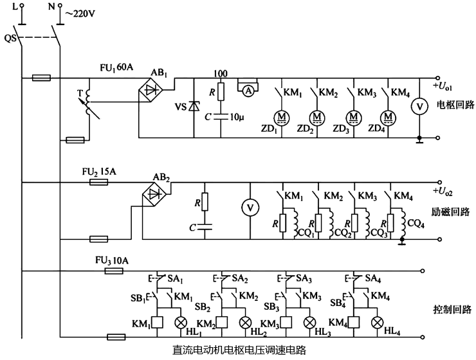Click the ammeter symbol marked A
coord(248,91)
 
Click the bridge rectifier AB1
coord(151,91)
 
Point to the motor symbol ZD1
coord(282,117)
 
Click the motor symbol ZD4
coord(388,117)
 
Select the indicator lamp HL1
coord(181,322)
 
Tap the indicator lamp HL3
coord(309,322)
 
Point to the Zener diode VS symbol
coord(194,106)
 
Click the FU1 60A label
coord(116,67)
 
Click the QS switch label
coord(10,38)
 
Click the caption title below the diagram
coord(239,351)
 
